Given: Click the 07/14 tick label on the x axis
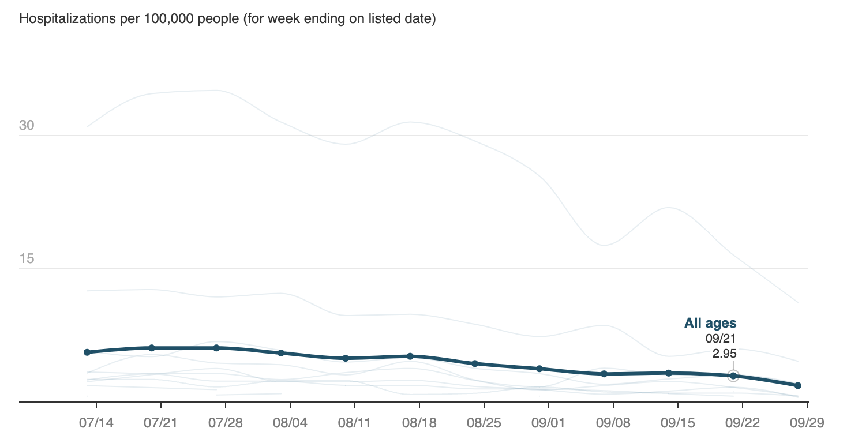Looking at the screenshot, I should pyautogui.click(x=96, y=423).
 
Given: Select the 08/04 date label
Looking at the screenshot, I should pyautogui.click(x=290, y=423).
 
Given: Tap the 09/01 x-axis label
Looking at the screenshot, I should pyautogui.click(x=548, y=423).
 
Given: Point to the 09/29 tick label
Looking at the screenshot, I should pyautogui.click(x=807, y=423).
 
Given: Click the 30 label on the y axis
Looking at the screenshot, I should pyautogui.click(x=27, y=125).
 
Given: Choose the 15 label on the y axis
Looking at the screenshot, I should pyautogui.click(x=27, y=258).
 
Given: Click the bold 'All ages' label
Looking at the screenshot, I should pyautogui.click(x=710, y=324).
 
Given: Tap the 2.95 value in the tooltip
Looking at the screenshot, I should pyautogui.click(x=724, y=354).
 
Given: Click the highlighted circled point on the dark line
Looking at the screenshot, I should pyautogui.click(x=733, y=376).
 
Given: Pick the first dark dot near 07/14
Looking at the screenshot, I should pyautogui.click(x=87, y=352).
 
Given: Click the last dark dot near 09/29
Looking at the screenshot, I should pyautogui.click(x=798, y=385).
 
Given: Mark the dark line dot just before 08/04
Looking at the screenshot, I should pyautogui.click(x=281, y=352).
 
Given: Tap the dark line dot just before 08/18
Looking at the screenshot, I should pyautogui.click(x=410, y=356).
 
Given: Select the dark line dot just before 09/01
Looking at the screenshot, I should pyautogui.click(x=539, y=369).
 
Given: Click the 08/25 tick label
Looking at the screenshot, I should pyautogui.click(x=484, y=423).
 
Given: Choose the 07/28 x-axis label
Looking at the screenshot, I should pyautogui.click(x=225, y=423).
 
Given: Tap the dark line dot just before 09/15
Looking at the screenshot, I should pyautogui.click(x=669, y=373).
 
